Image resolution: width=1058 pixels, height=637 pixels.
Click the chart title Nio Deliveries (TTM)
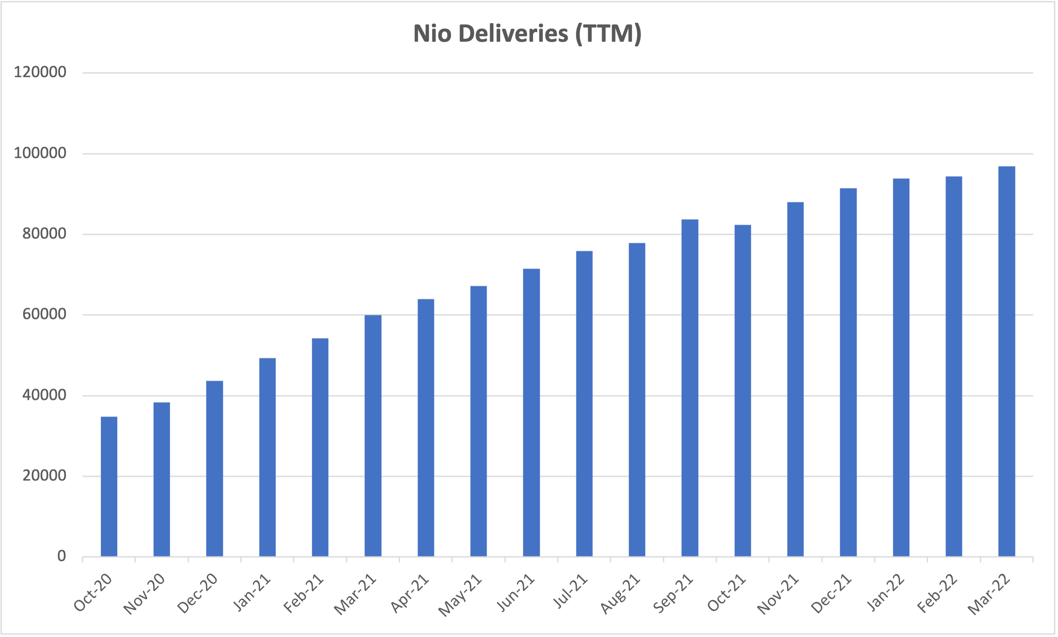click(x=527, y=33)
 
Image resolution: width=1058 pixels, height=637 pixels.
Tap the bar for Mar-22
click(x=1007, y=361)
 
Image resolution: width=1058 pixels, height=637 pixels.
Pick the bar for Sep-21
click(x=690, y=388)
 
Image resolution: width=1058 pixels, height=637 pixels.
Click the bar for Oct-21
click(x=742, y=391)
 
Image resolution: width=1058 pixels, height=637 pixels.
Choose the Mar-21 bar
click(x=373, y=436)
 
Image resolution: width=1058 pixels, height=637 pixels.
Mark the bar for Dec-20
click(x=214, y=469)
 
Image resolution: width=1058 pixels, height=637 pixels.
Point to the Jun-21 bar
click(x=531, y=412)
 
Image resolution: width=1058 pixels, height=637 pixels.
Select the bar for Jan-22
click(x=901, y=367)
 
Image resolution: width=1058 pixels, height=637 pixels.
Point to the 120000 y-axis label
click(x=40, y=72)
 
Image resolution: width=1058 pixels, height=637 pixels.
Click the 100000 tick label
click(x=40, y=153)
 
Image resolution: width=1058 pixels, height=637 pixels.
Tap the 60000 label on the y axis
click(x=44, y=314)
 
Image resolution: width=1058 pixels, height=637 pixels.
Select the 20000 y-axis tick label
click(x=44, y=476)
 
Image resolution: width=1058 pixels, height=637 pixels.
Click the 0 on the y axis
click(x=62, y=556)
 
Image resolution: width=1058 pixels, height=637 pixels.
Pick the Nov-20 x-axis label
click(x=144, y=594)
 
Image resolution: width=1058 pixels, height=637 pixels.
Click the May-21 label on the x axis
click(x=460, y=595)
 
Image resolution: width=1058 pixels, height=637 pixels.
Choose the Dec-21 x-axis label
click(x=831, y=594)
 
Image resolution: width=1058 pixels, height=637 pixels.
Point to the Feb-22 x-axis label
click(x=937, y=594)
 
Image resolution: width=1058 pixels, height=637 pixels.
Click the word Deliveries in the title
click(x=513, y=33)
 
